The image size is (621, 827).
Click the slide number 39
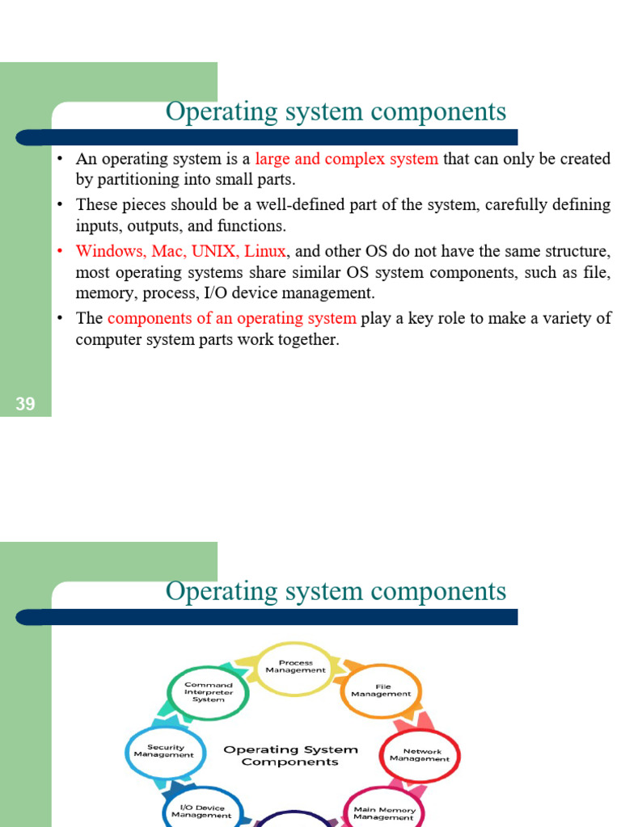[25, 404]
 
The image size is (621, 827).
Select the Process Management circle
[295, 667]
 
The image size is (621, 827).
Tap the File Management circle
[381, 691]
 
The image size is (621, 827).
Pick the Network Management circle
[420, 755]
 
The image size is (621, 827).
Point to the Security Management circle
[164, 751]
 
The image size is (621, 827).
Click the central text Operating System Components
[290, 755]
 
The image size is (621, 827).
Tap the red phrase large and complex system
[347, 158]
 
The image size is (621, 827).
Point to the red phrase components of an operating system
[231, 318]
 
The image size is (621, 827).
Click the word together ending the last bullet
[308, 339]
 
